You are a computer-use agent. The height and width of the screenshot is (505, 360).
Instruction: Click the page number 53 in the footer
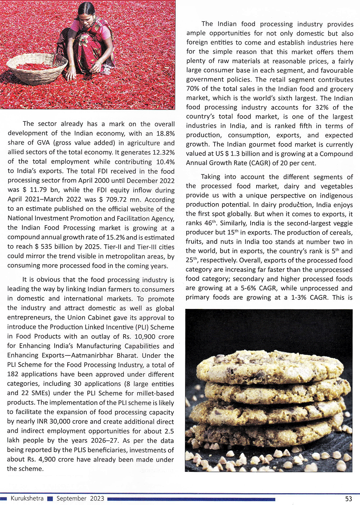(x=348, y=499)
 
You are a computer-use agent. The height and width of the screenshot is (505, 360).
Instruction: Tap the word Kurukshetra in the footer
(x=27, y=499)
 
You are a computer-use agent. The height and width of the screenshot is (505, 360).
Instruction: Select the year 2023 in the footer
(x=97, y=499)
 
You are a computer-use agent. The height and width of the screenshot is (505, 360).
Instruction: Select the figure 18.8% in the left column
(x=165, y=133)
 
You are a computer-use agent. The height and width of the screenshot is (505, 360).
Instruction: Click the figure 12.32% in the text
(x=164, y=152)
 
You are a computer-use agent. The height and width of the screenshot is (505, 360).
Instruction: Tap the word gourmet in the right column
(x=255, y=144)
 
